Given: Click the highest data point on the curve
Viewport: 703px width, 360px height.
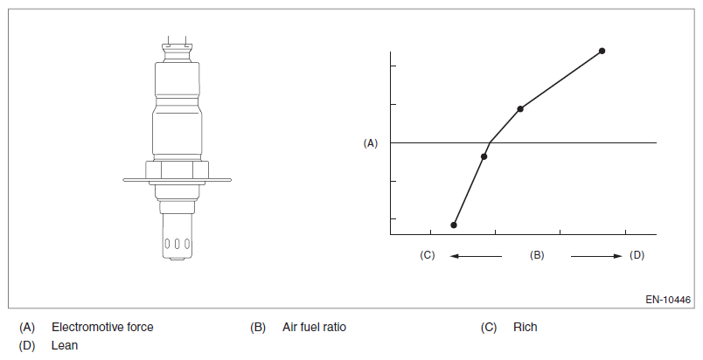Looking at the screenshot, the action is [602, 51].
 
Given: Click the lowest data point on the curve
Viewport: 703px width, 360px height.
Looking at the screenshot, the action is [454, 225].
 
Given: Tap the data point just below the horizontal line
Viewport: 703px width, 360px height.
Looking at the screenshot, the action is [484, 156].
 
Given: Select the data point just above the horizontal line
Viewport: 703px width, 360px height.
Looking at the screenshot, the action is [520, 109].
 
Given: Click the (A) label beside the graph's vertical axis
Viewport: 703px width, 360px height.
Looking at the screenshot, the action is [371, 143].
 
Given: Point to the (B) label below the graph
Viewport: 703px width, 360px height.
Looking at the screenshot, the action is [537, 255].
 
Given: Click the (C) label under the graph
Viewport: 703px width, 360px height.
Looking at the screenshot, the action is [428, 255].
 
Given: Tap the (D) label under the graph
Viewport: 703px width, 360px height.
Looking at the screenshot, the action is [637, 255].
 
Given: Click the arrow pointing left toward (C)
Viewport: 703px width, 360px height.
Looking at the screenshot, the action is [476, 256].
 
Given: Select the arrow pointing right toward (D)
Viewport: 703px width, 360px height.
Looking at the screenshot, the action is [596, 256].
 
